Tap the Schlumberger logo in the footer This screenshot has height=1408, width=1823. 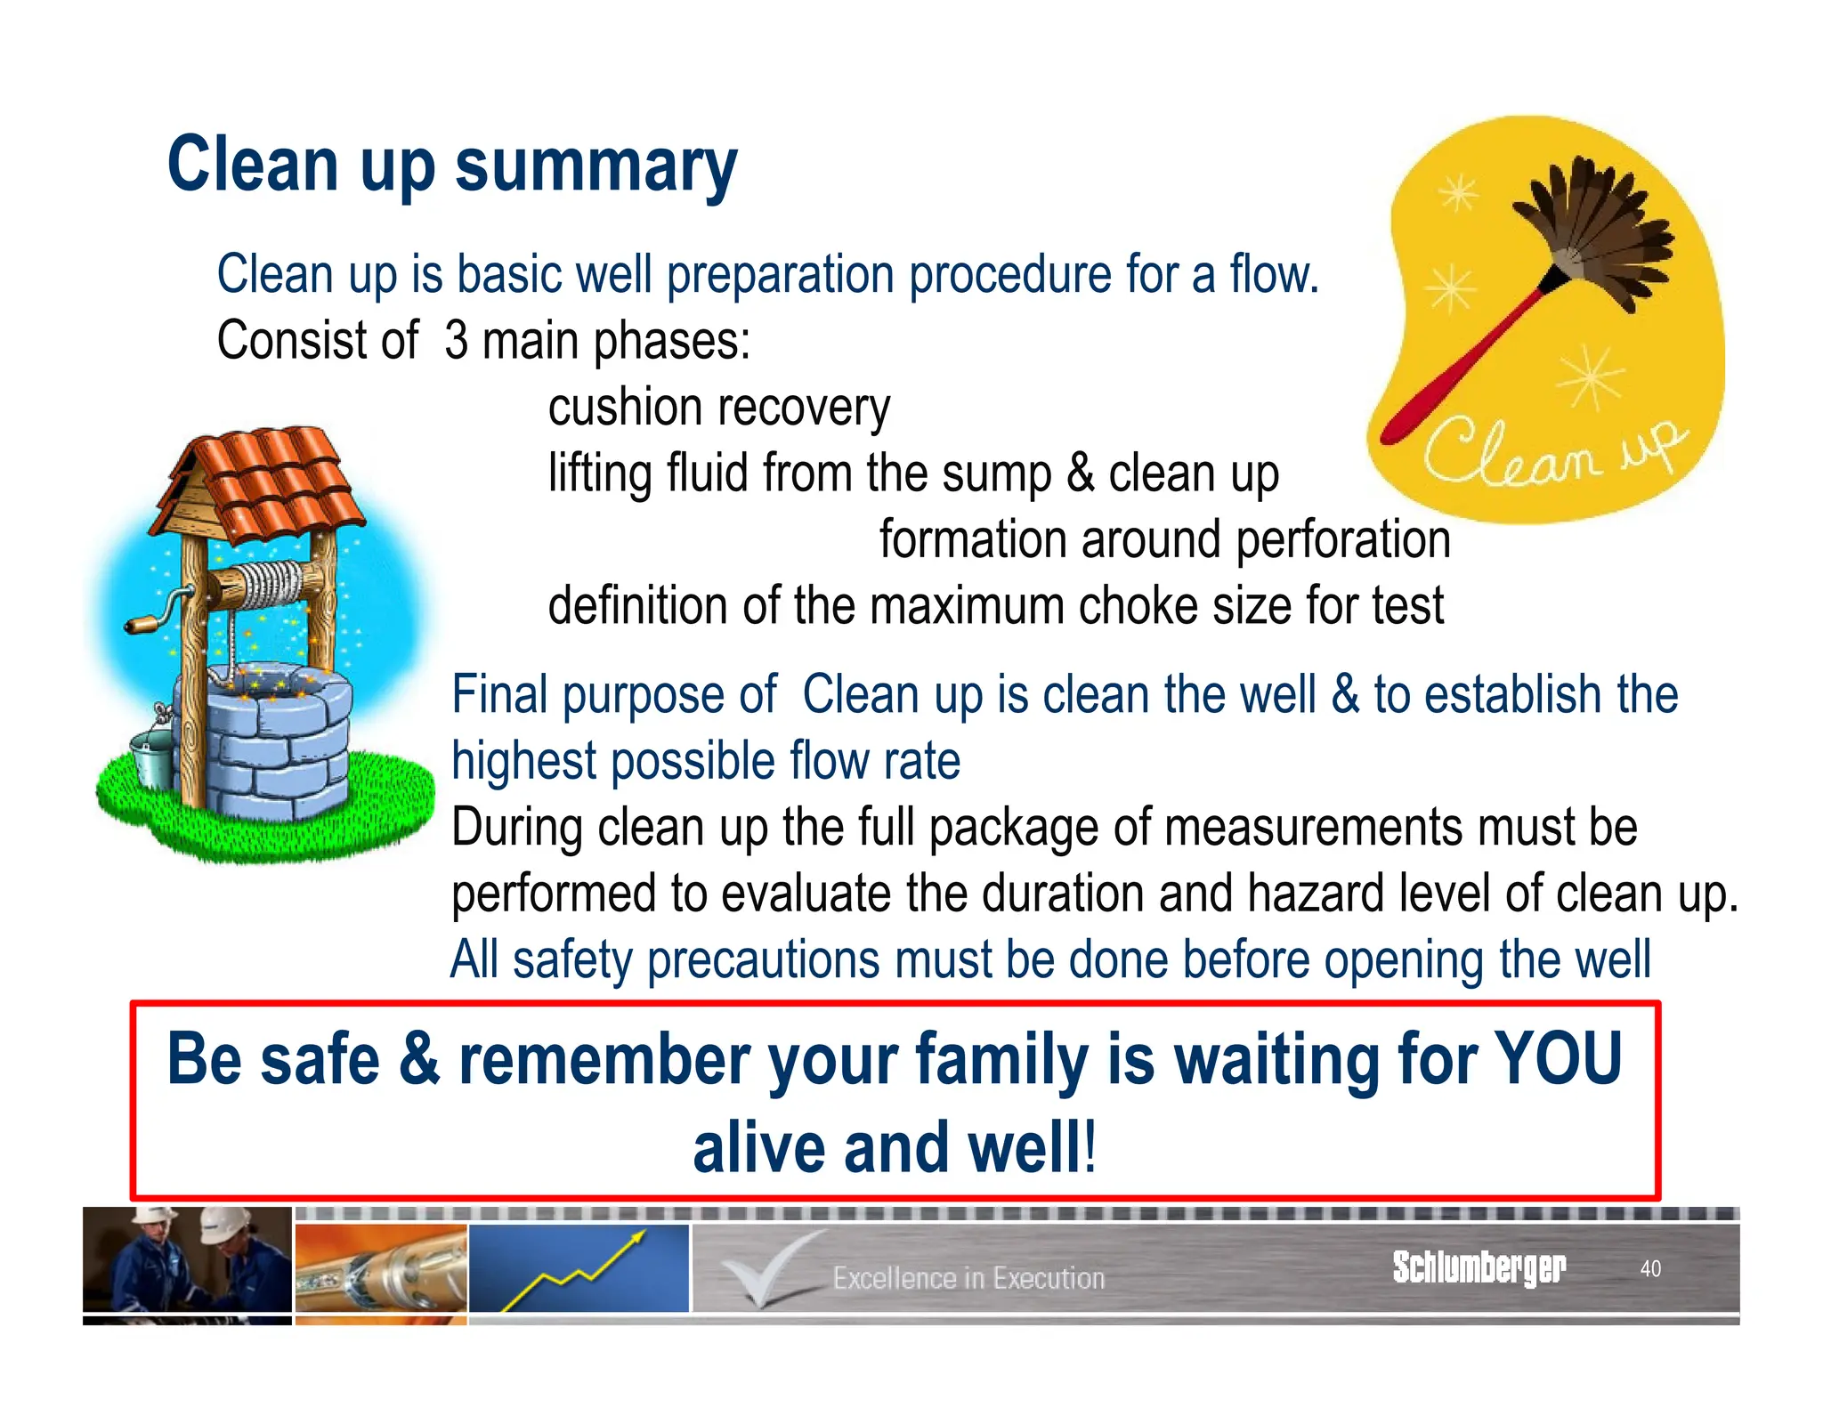pos(1479,1266)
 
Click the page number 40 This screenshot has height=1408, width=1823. pos(1649,1268)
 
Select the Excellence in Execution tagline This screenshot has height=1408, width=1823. pos(968,1278)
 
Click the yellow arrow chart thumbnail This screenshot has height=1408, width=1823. pos(579,1267)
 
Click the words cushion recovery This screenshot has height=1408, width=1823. pos(718,408)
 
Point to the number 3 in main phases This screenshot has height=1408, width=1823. pos(456,341)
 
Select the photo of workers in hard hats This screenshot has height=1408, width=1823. pos(187,1262)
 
